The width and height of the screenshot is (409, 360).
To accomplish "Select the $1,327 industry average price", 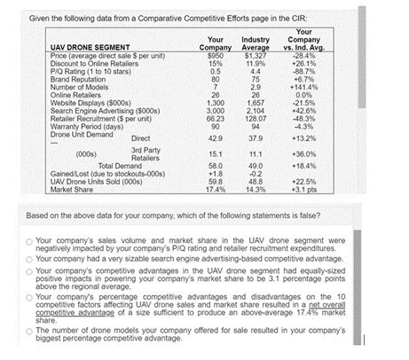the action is coord(256,55).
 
